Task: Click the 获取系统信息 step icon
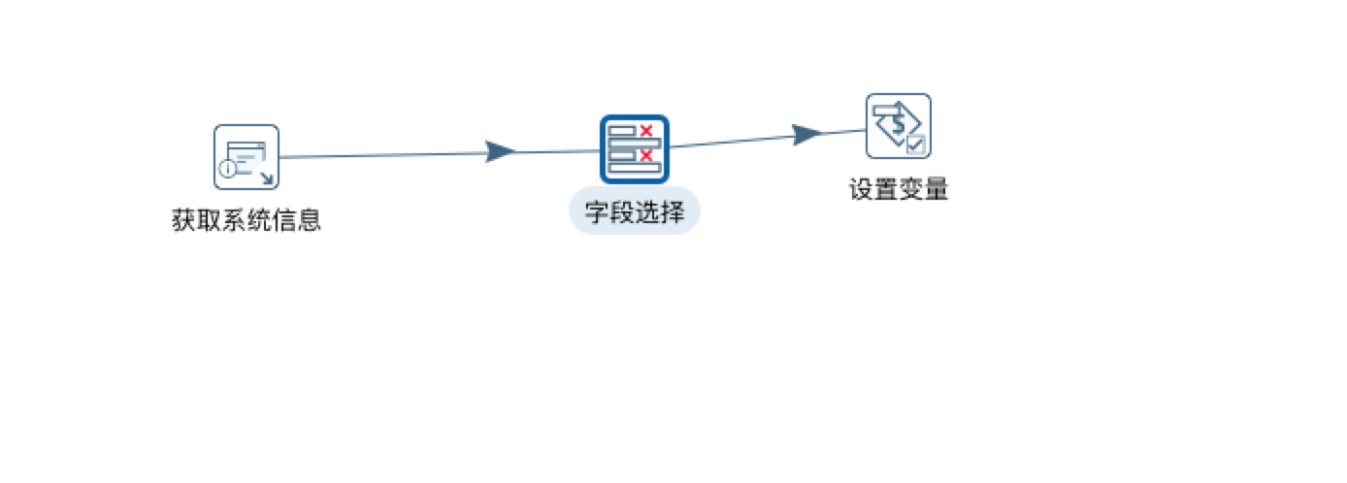(246, 156)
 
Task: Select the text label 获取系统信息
(246, 221)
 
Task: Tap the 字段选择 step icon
(635, 148)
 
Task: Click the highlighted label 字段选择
(635, 210)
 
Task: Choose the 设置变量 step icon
(899, 125)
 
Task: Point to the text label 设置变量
(899, 190)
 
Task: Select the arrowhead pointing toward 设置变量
(806, 135)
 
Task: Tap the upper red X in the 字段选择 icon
(646, 131)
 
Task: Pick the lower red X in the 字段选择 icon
(646, 153)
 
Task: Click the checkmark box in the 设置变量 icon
(916, 145)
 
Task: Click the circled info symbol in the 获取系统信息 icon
(227, 170)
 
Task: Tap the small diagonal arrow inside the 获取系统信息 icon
(267, 177)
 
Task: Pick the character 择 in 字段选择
(673, 210)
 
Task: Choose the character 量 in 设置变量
(936, 190)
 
